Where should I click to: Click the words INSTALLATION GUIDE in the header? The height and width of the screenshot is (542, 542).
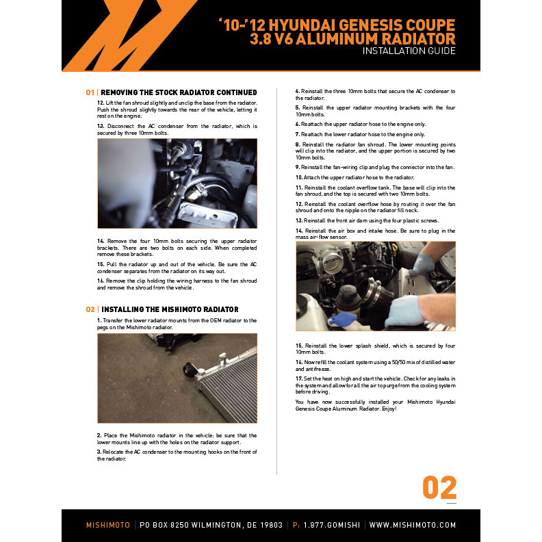point(409,51)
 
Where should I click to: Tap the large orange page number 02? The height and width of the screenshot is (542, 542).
point(439,487)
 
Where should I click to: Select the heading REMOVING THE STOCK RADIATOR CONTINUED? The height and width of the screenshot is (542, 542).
point(179,92)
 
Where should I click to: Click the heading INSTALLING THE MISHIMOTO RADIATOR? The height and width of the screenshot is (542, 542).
point(170,309)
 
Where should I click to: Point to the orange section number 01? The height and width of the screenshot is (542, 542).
point(90,92)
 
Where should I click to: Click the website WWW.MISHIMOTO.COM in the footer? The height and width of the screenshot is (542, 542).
point(413,525)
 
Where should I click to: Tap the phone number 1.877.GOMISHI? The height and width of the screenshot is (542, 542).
point(332,525)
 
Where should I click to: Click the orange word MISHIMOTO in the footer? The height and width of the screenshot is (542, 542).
point(108,525)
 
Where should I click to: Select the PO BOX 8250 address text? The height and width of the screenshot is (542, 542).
point(211,525)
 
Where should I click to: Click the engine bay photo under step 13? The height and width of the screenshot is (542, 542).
point(177,183)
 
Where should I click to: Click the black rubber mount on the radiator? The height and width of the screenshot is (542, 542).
point(190,370)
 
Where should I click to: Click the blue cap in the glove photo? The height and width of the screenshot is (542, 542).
point(342,319)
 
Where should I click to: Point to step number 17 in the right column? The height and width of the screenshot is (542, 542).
point(299,378)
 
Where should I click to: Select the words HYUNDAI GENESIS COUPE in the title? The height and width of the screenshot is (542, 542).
point(362,25)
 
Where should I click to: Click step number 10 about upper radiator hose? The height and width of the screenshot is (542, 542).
point(299,177)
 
